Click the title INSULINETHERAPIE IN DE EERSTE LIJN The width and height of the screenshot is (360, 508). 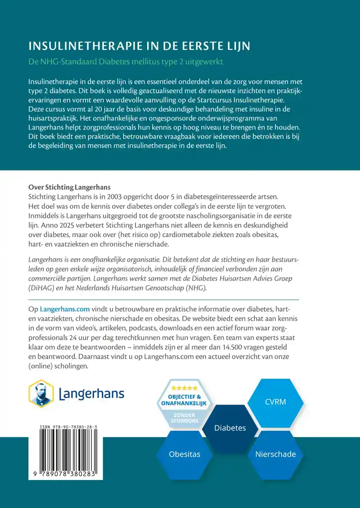(x=139, y=46)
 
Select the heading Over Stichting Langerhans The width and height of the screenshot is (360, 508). (x=69, y=187)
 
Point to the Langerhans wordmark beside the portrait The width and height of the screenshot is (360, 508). (x=92, y=394)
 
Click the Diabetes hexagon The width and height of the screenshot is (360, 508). (x=230, y=427)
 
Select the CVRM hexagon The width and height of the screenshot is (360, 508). (x=275, y=401)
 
